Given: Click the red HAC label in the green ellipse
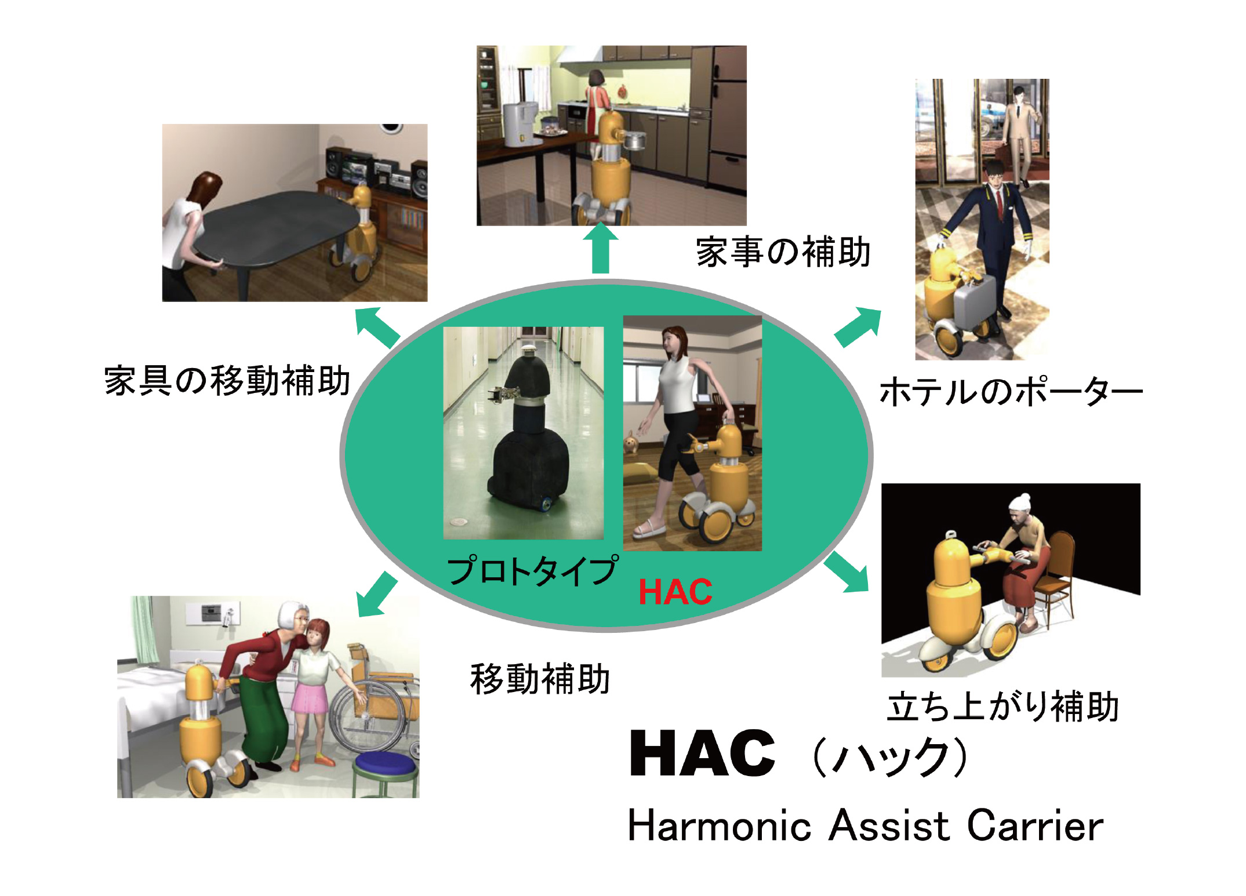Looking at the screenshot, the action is (675, 592).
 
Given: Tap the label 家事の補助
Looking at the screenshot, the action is (783, 252).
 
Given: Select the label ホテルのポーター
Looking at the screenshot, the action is (1011, 391).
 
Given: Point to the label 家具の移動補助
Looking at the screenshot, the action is (227, 381).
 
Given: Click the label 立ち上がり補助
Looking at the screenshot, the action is (1003, 706).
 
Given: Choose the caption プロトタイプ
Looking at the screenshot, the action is (533, 570).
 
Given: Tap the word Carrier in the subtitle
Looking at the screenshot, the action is (1035, 825).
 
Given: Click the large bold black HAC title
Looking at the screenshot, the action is (702, 753).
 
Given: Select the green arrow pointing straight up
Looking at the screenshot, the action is (601, 248).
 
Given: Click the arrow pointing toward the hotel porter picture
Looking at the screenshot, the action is (858, 327).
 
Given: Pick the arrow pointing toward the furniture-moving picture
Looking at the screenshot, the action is (377, 327).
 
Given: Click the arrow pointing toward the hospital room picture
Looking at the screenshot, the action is (377, 595).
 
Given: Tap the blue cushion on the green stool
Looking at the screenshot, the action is (385, 763).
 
